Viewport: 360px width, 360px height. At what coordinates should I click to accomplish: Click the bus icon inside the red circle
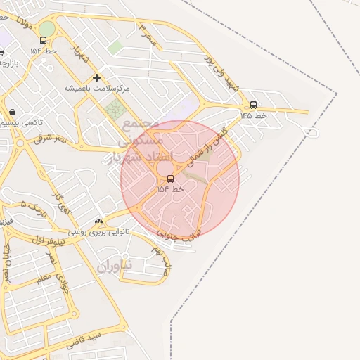[170, 179]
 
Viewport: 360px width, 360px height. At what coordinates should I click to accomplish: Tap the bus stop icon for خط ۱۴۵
[253, 105]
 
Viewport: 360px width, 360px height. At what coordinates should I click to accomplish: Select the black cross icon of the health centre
[96, 77]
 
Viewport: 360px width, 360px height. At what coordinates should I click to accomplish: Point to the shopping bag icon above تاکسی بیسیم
[13, 112]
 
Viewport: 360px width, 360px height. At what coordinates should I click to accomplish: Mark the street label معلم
[44, 279]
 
